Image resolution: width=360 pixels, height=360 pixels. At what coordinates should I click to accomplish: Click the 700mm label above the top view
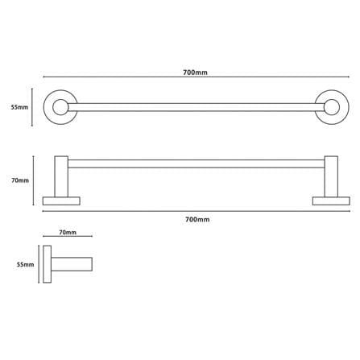coord(195,72)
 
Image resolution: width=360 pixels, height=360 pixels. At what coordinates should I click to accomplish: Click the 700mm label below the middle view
coord(197,219)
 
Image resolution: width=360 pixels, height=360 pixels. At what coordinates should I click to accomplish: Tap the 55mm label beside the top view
coord(19,107)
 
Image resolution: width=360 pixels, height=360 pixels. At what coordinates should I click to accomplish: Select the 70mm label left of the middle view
coord(20,180)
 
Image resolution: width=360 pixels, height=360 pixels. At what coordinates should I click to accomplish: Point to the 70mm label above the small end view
coord(68,232)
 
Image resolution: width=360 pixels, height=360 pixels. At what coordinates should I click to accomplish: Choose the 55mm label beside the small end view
coord(25,264)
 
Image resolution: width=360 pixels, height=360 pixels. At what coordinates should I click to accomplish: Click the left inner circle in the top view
coord(60,107)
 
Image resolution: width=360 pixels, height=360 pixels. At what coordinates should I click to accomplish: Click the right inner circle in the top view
coord(332,107)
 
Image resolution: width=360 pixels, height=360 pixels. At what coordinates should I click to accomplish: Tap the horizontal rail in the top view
coord(197,107)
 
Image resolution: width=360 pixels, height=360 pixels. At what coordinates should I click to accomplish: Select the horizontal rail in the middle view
coord(197,163)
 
